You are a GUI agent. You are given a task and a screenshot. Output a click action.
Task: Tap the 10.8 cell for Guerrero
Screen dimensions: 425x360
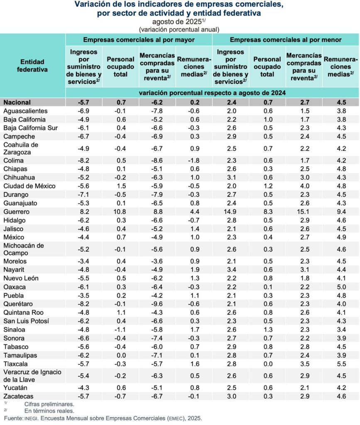120,212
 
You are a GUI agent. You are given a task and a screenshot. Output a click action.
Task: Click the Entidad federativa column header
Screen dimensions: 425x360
32,66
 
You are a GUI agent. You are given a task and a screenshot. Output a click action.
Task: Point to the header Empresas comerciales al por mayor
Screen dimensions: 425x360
139,40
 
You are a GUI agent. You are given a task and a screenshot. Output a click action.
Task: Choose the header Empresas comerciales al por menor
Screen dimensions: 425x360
286,40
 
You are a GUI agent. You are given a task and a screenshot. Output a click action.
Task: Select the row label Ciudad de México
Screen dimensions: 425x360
29,186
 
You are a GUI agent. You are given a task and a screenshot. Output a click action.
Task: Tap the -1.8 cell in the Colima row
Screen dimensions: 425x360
193,161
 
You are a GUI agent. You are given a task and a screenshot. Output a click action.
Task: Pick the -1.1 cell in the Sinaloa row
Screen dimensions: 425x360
120,330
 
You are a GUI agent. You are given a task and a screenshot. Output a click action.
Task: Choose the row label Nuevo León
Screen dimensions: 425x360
20,278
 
